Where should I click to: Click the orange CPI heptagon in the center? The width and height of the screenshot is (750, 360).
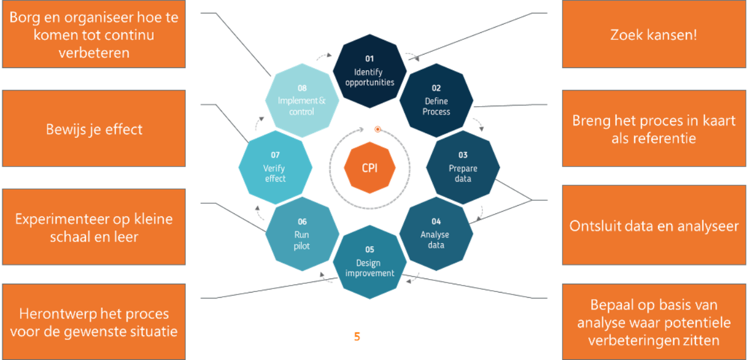coord(369,168)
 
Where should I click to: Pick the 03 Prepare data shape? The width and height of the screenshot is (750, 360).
coord(463,167)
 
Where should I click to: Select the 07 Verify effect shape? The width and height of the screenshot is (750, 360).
coord(275,167)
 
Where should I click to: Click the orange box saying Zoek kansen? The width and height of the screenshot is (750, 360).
coord(653,35)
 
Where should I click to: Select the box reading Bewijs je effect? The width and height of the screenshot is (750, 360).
coord(94,129)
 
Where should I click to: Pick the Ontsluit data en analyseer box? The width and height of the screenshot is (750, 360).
coord(653,226)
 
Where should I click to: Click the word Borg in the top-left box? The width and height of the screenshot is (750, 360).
coord(25,17)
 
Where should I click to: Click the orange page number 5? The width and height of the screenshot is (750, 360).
coord(357,337)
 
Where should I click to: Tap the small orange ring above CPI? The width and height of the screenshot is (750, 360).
coord(378,129)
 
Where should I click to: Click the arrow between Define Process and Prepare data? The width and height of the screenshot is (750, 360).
coord(479,124)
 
